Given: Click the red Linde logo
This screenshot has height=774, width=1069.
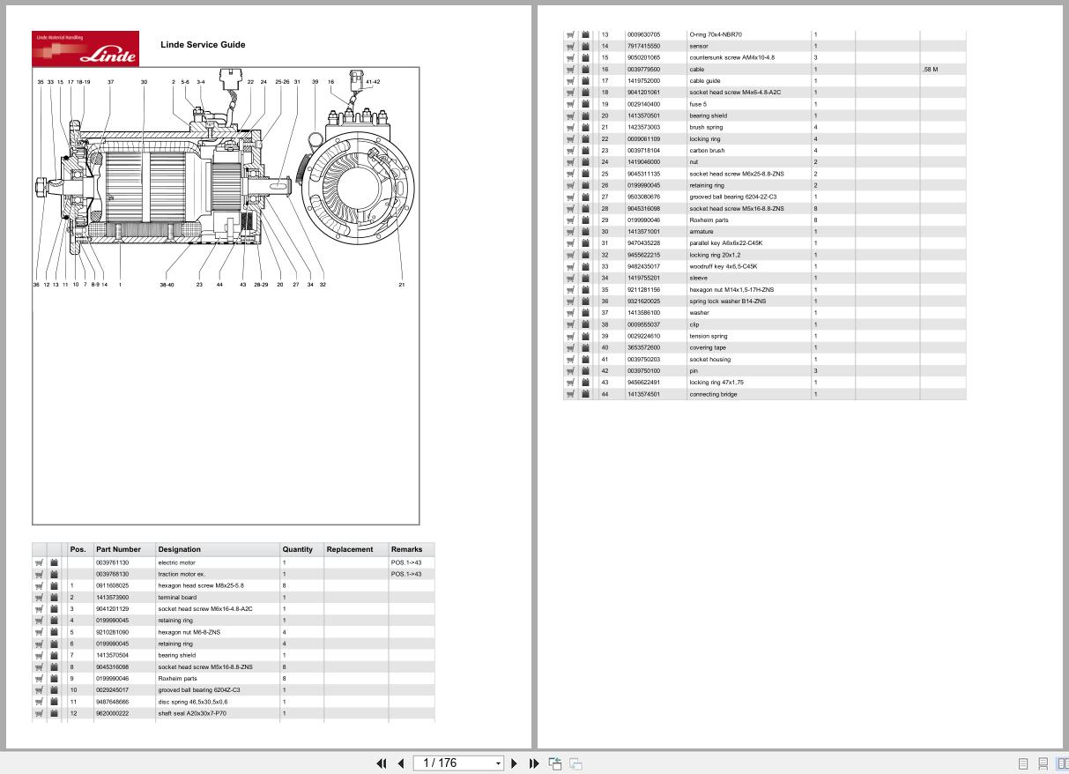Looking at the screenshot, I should (x=85, y=48).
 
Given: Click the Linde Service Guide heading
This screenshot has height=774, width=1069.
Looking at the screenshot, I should (x=203, y=44).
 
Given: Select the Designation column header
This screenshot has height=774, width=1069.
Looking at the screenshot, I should (x=179, y=549).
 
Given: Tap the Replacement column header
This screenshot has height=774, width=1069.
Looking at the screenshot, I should (x=350, y=549).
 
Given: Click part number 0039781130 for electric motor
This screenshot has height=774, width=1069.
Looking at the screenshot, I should (x=112, y=562).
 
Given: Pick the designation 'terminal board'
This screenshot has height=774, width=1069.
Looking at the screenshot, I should (x=176, y=597).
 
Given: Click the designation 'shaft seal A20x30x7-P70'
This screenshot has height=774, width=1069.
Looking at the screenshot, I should (x=192, y=713).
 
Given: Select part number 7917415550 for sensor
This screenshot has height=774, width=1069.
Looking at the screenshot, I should (x=643, y=46).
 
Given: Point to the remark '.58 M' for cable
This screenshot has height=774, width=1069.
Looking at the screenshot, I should (x=931, y=69).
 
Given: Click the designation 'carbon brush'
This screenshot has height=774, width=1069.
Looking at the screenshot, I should (x=707, y=151).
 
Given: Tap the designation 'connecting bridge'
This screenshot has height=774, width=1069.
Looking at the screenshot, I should (x=713, y=394).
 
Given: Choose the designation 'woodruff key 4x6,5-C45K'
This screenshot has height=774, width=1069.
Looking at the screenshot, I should (x=723, y=266).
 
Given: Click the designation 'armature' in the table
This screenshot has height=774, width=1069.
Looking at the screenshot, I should (x=702, y=232).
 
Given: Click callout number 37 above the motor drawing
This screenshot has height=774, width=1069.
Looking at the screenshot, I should (x=111, y=82).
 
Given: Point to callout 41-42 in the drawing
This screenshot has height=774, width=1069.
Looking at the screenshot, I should (x=373, y=82).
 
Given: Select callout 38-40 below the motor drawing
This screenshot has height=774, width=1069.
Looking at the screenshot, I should (x=167, y=285).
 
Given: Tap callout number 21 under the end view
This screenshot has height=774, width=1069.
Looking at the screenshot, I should (x=402, y=285).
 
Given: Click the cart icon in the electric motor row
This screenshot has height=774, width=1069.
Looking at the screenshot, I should (x=39, y=562).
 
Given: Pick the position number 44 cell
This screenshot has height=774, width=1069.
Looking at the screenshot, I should (x=605, y=394).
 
